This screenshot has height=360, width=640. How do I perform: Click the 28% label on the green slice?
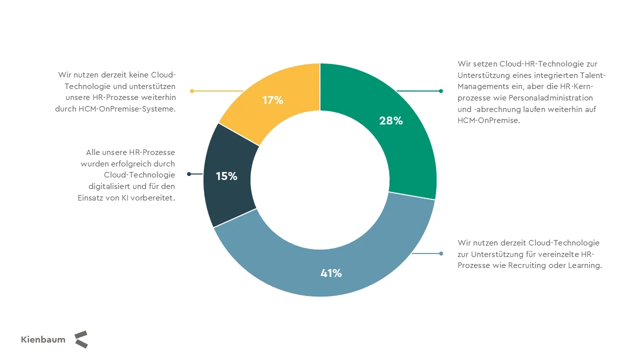click(391, 120)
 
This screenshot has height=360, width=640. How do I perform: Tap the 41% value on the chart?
click(331, 273)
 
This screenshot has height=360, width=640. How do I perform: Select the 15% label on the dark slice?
click(226, 176)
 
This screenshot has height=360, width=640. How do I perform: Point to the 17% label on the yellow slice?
click(273, 100)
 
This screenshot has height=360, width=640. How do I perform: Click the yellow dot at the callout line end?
click(192, 91)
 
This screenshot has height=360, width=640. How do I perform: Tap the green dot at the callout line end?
click(440, 91)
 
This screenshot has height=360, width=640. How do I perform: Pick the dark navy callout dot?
click(189, 174)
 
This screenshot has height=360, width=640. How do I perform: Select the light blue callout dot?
click(441, 253)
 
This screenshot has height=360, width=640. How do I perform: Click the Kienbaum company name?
click(43, 339)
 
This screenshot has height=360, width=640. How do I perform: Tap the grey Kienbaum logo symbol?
click(81, 339)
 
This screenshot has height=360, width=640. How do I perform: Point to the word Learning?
click(584, 265)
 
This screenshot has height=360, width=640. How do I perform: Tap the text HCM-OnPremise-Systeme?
click(127, 109)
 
